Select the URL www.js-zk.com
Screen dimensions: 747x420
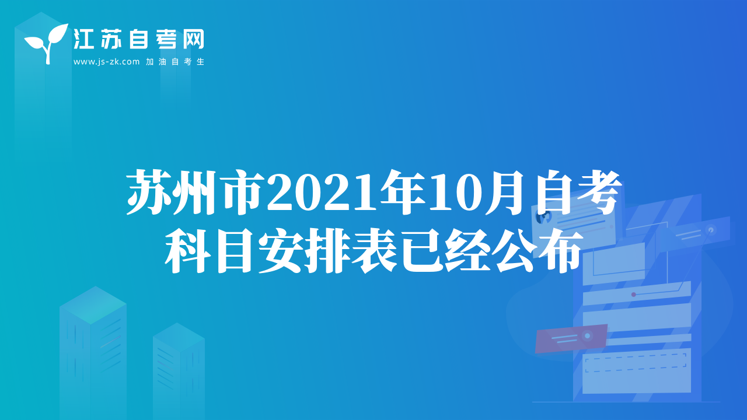click(x=106, y=62)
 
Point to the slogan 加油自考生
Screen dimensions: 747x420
click(x=175, y=62)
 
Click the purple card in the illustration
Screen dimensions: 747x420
click(x=571, y=338)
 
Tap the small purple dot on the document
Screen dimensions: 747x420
click(x=634, y=295)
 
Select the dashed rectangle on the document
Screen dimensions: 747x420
click(x=636, y=362)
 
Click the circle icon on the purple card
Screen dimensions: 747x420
click(x=587, y=335)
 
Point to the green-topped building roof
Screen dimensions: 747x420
click(x=93, y=305)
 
